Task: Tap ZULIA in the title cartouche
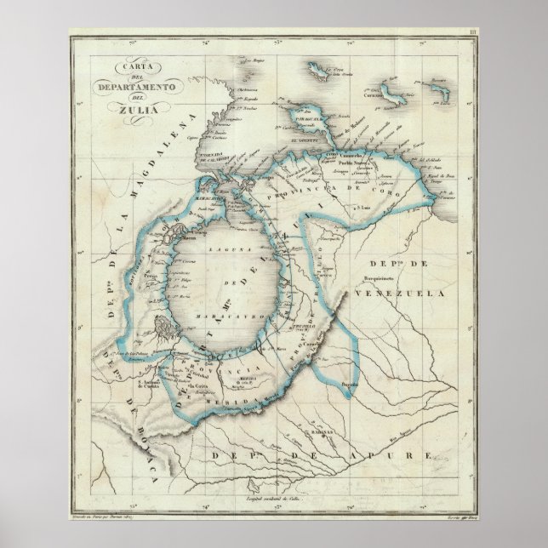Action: (x=123, y=106)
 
